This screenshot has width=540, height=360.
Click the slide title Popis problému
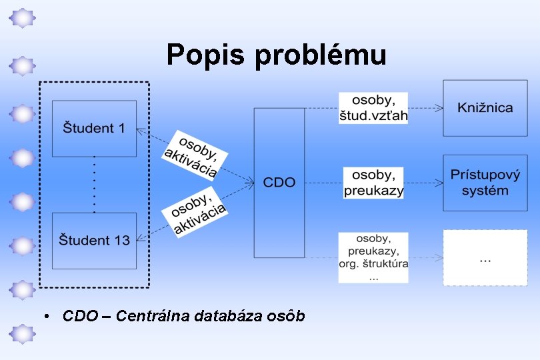click(276, 55)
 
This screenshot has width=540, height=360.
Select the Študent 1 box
click(94, 128)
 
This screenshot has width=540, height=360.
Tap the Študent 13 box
click(94, 240)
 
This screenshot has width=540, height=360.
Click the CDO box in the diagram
click(279, 182)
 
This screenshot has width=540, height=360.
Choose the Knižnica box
click(485, 107)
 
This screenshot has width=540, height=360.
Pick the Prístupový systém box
click(485, 182)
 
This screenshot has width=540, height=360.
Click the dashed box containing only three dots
click(485, 257)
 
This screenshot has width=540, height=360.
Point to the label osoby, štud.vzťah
click(373, 108)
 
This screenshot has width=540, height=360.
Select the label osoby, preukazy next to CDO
click(373, 183)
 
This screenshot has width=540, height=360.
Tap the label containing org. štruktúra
click(373, 257)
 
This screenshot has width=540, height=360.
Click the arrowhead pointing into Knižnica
click(439, 107)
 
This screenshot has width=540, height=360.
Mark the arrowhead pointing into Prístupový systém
click(439, 182)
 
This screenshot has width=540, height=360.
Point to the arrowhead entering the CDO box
click(250, 181)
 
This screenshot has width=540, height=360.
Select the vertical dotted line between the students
click(94, 185)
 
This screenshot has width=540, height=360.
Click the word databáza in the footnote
click(229, 315)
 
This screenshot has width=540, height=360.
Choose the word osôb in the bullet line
click(288, 315)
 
